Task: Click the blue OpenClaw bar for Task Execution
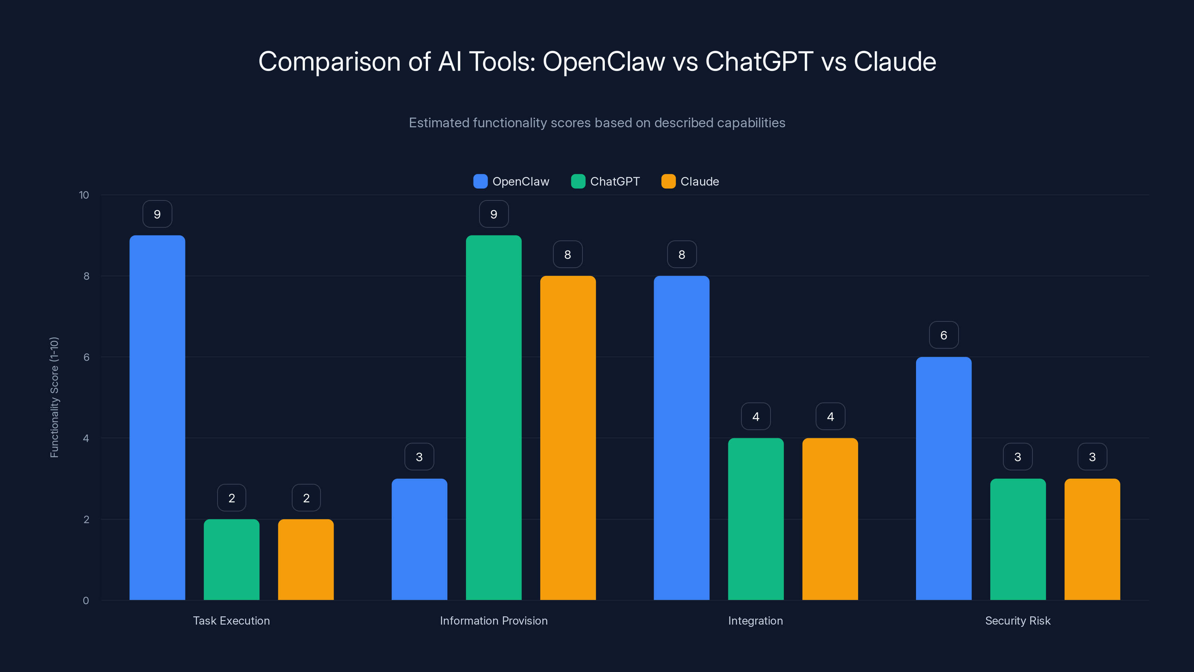click(x=157, y=417)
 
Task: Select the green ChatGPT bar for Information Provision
click(x=494, y=417)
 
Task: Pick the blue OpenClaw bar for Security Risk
click(x=944, y=478)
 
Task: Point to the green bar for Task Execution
click(x=232, y=559)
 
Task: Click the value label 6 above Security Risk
click(x=944, y=335)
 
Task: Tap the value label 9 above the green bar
click(x=494, y=214)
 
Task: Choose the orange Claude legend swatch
click(x=668, y=181)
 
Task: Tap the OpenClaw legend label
click(x=521, y=181)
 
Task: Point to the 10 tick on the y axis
click(x=84, y=195)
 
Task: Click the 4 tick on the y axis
click(x=86, y=438)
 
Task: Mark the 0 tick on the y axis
click(x=86, y=601)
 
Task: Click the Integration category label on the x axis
click(x=756, y=620)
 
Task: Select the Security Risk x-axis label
click(x=1018, y=620)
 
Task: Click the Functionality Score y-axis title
click(x=54, y=398)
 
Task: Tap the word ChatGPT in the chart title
click(x=759, y=61)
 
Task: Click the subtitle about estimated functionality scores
click(x=597, y=122)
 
